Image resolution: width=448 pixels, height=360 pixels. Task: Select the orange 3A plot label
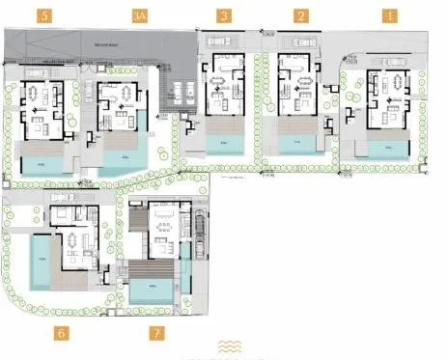[x=140, y=16]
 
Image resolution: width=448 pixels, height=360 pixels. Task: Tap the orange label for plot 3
[x=224, y=16]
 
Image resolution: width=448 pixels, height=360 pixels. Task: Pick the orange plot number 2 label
[x=301, y=16]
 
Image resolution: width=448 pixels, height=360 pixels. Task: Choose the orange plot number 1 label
[x=389, y=16]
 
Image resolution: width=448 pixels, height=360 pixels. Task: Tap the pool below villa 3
[x=227, y=143]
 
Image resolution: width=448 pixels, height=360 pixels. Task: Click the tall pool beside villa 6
[x=42, y=261]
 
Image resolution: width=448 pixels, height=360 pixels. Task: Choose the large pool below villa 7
[x=149, y=291]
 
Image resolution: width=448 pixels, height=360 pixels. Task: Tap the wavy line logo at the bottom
[x=231, y=346]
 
